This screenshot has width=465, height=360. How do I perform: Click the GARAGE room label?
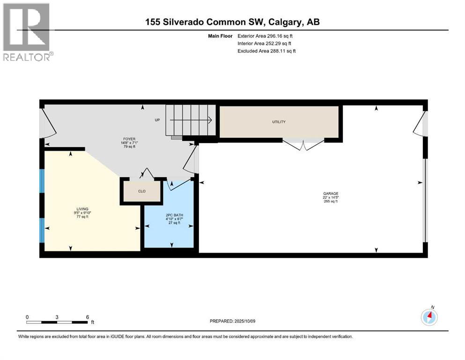pyautogui.click(x=330, y=193)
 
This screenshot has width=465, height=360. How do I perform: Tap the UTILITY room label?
pyautogui.click(x=279, y=122)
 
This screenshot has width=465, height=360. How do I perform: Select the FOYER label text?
pyautogui.click(x=129, y=139)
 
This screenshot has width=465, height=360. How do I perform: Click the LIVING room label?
pyautogui.click(x=82, y=209)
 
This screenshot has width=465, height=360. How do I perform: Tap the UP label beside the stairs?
pyautogui.click(x=157, y=120)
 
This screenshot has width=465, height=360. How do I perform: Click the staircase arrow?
pyautogui.click(x=192, y=120)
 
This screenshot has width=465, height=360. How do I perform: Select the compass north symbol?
pyautogui.click(x=429, y=317)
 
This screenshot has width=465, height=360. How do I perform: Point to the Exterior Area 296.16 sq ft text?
pyautogui.click(x=265, y=36)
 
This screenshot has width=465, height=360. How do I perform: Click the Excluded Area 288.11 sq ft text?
pyautogui.click(x=266, y=51)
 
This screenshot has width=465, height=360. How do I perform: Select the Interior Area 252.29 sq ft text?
pyautogui.click(x=265, y=43)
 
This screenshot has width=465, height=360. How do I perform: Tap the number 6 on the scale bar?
pyautogui.click(x=87, y=317)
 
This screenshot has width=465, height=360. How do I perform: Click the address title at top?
pyautogui.click(x=232, y=22)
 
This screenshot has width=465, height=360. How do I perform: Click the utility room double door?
pyautogui.click(x=303, y=144)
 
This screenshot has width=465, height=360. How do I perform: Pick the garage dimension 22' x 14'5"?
pyautogui.click(x=330, y=197)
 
